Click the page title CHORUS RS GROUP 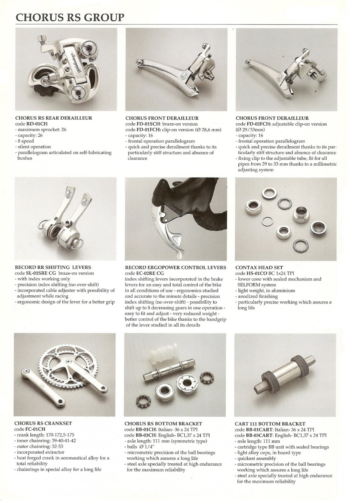point(69,18)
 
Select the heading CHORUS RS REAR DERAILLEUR point(54,118)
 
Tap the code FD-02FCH point(258,124)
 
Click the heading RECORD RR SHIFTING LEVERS point(53,267)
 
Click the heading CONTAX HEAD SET point(259,267)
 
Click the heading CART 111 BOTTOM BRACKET point(270,424)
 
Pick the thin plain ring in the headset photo point(267,221)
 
